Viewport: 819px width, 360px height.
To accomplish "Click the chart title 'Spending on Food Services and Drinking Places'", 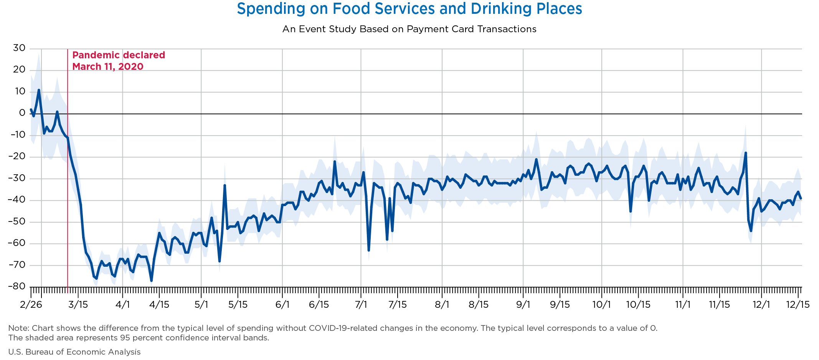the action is coord(409,8).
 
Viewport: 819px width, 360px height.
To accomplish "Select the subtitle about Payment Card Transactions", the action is coord(409,29).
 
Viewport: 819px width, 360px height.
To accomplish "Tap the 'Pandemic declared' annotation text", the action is coord(119,55).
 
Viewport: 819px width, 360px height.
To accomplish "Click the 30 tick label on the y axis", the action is coord(19,48).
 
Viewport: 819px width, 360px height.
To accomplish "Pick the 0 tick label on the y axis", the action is coord(22,113).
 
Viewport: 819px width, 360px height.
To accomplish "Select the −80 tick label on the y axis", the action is coord(16,287).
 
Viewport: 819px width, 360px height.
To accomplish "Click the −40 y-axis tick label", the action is coord(16,200).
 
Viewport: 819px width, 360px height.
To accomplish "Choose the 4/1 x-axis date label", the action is coord(122,305).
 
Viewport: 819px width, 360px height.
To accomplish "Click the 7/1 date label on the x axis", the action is coord(361,305).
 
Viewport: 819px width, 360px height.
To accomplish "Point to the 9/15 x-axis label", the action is coord(560,305).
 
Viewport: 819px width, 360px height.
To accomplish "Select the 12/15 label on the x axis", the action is coord(798,305).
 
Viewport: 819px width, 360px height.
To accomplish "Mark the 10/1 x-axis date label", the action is coord(601,305).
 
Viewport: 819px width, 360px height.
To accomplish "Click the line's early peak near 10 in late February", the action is coord(39,90).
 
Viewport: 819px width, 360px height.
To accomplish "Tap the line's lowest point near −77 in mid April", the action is coord(152,281).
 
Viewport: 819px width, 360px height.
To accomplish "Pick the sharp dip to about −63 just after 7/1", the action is coord(369,250).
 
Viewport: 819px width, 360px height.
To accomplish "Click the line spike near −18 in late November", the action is coord(745,153).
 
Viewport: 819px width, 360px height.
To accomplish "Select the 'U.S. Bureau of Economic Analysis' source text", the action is coord(74,352).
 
